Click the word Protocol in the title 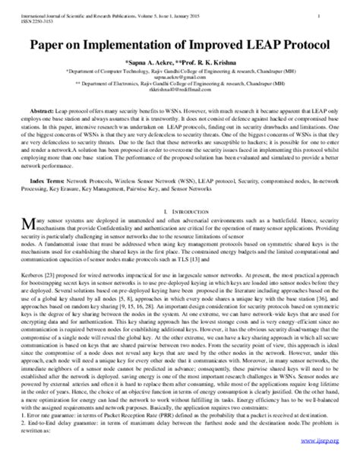pos(299,44)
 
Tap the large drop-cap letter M pos(30,221)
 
